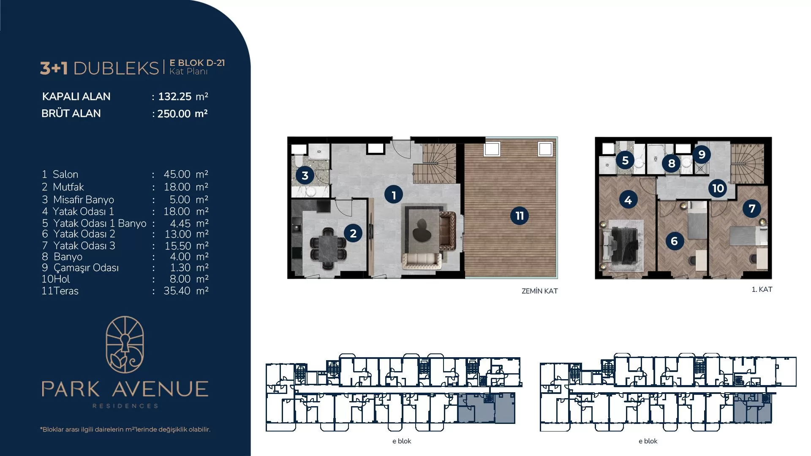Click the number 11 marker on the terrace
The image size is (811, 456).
520,216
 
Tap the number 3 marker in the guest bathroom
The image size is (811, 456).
305,175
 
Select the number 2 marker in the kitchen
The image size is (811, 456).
353,233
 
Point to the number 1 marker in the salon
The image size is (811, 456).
394,195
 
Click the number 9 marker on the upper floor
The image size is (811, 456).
702,155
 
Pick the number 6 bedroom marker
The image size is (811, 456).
674,241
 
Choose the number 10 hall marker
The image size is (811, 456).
718,188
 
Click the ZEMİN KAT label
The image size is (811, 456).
539,291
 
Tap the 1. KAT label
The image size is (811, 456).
762,289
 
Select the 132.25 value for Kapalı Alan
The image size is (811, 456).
175,96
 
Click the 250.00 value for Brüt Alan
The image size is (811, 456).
174,114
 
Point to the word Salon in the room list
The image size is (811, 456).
65,174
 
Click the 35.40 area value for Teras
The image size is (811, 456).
177,290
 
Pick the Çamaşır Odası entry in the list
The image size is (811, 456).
86,268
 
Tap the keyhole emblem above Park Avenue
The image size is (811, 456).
125,345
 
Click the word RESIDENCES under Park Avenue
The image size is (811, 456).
125,406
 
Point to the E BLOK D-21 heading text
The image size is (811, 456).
197,63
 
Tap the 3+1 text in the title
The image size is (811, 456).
54,68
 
